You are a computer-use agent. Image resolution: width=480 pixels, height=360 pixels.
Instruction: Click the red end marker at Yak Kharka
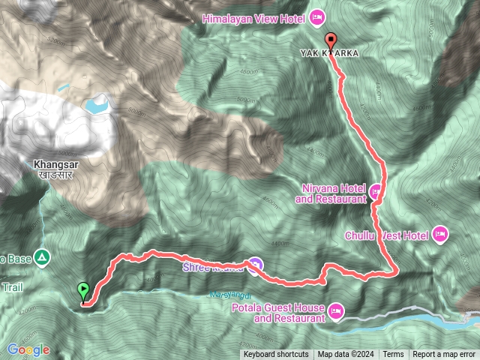331,41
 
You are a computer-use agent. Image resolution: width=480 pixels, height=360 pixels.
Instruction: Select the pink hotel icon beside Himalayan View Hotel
316,16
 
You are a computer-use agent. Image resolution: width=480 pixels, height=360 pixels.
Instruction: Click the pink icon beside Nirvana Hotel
376,190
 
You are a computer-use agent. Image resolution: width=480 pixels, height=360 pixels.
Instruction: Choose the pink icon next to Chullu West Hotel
440,235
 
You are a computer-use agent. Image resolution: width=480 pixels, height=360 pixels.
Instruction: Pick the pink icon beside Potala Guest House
335,309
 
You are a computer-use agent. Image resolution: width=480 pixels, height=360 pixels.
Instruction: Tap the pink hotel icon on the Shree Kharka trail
256,264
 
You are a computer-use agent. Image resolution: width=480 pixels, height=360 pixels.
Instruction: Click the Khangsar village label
51,166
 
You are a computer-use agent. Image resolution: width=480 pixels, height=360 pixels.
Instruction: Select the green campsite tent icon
43,259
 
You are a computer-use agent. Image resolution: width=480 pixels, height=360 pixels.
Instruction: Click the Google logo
28,349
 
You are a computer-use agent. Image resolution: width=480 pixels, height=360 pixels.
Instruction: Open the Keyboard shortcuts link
275,355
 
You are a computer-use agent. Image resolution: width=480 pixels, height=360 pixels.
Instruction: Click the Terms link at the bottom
393,355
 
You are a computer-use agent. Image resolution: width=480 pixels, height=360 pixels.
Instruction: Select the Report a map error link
445,355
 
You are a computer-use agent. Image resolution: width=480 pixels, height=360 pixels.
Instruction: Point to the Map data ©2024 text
345,355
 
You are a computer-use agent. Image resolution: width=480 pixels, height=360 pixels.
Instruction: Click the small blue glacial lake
96,104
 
